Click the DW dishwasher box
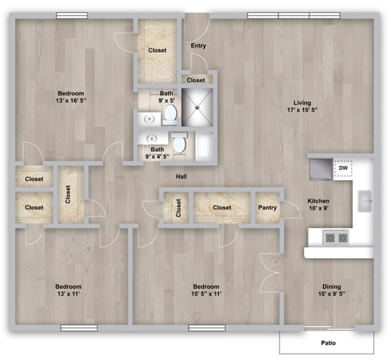coord(343,168)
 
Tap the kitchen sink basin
coord(365,201)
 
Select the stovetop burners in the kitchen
coord(336,238)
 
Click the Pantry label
coord(267,208)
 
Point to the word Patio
coord(328,343)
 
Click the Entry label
coord(198,46)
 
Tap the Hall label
coord(181,177)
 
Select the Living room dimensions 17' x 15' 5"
coord(302,110)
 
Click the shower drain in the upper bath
coord(197,107)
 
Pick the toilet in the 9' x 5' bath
coord(171,114)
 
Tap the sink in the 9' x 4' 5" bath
coord(151,138)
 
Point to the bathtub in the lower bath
coord(204,146)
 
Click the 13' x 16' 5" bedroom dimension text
coord(71,100)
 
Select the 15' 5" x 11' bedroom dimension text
coord(206,294)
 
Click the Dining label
coord(331,286)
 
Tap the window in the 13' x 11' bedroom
coord(79,328)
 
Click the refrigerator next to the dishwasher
coord(321,170)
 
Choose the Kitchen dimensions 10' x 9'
coord(319,208)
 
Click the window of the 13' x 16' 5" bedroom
coord(72,16)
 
